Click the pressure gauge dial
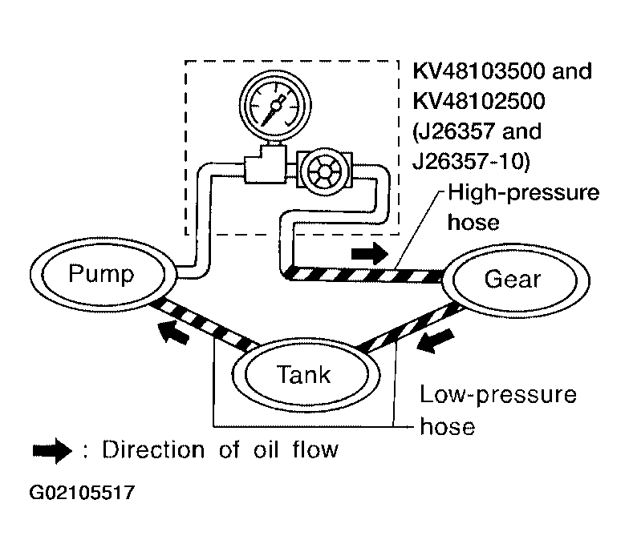coord(275,105)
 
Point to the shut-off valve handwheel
coord(324,171)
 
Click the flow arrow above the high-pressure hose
coord(369,253)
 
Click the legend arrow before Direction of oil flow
coord(52,450)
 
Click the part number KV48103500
coord(479,71)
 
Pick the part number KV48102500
coord(479,101)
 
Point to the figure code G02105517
coord(82,492)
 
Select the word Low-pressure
coord(497,396)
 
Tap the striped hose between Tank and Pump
coord(204,325)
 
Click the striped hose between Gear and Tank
coord(410,327)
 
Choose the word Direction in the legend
coord(153,449)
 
